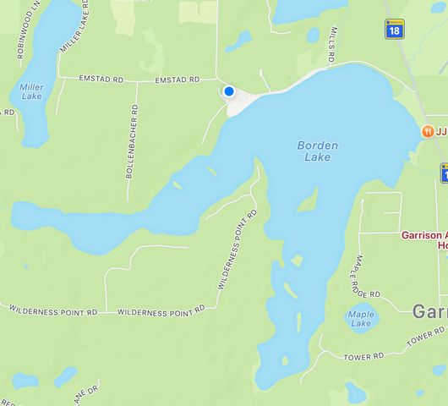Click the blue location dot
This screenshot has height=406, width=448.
228,91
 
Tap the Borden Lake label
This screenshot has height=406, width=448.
318,151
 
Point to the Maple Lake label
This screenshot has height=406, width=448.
360,319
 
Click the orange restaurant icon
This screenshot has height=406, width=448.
429,132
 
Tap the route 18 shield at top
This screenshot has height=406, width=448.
394,29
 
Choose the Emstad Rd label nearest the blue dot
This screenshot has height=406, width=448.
177,80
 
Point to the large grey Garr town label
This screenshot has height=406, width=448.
429,311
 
